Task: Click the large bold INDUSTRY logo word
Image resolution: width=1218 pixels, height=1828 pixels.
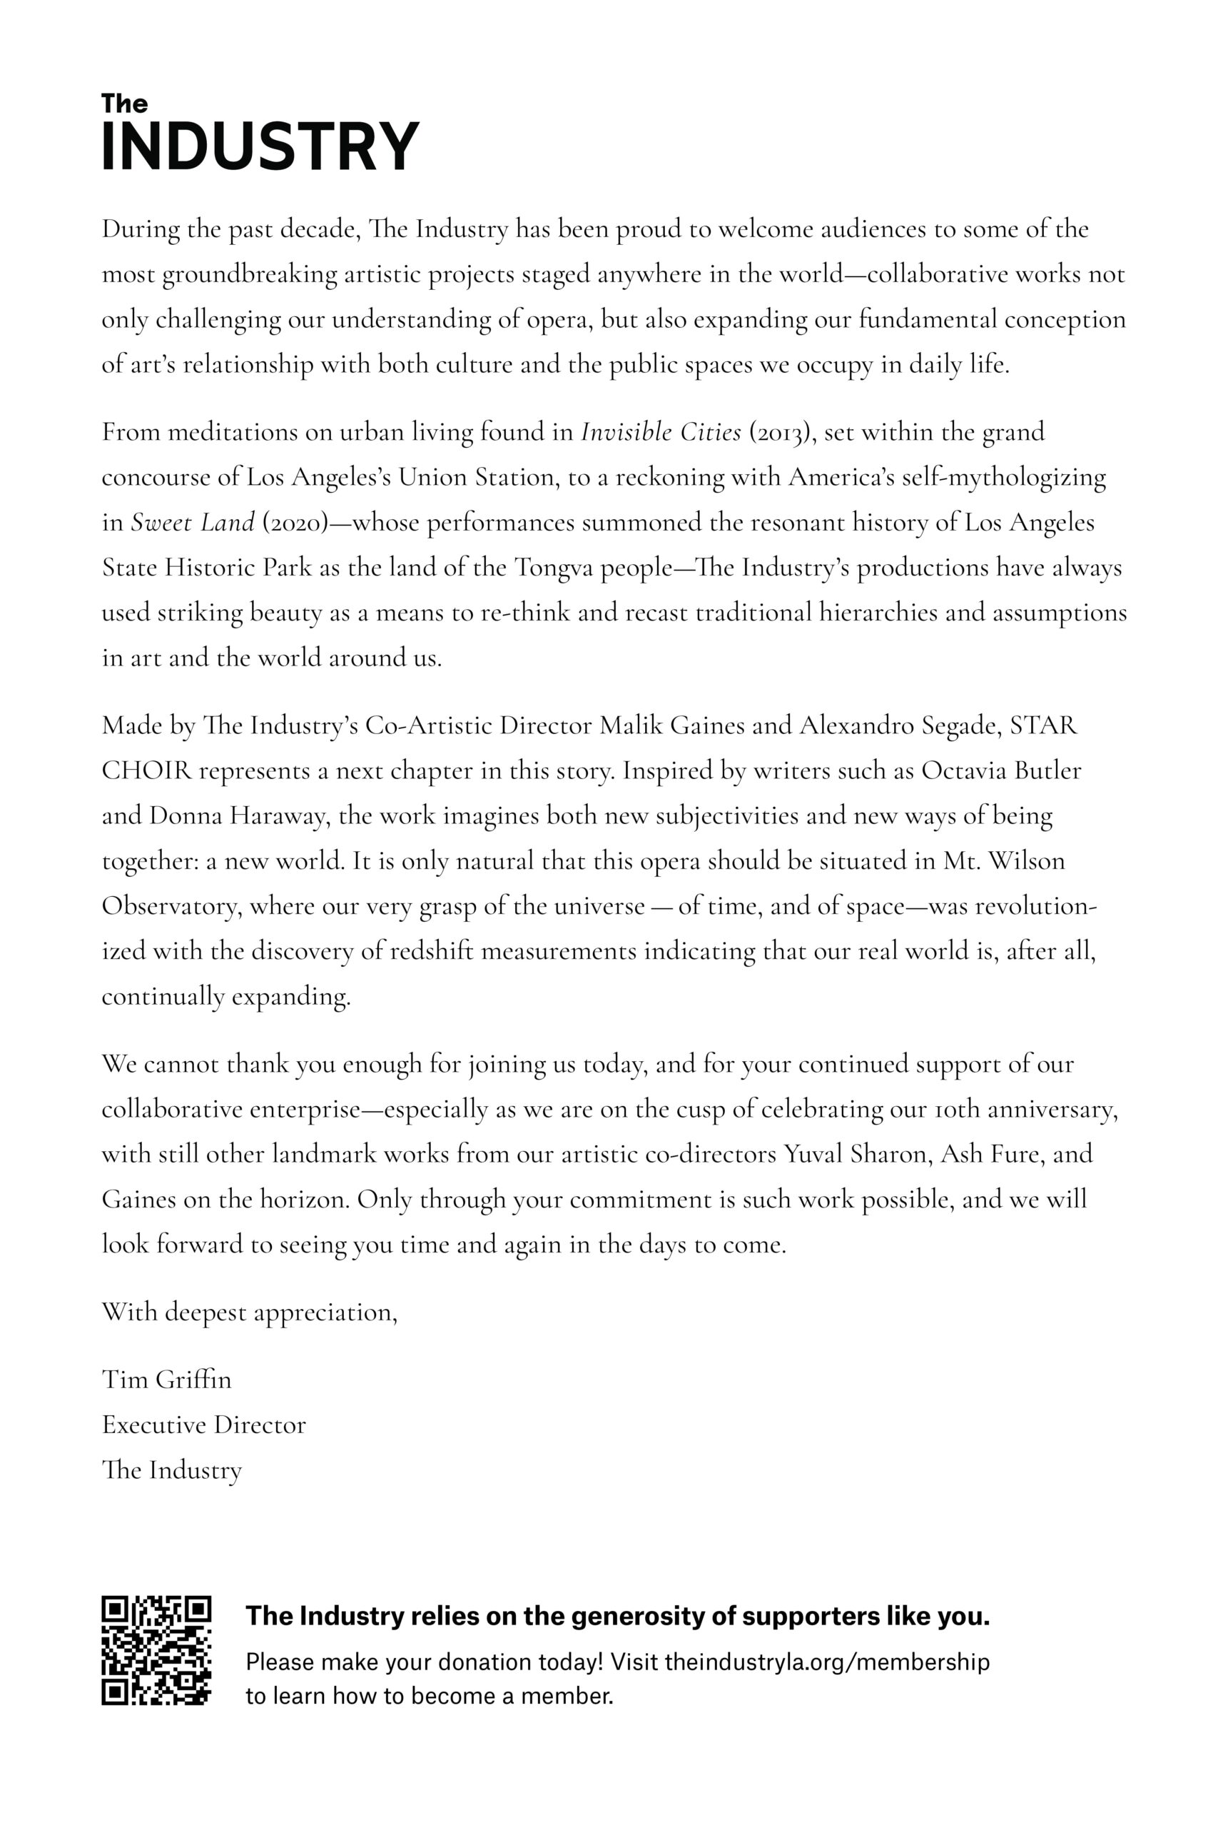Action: point(260,146)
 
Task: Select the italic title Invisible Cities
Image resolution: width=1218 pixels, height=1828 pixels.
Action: point(661,432)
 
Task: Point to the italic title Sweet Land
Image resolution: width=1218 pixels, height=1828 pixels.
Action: point(193,522)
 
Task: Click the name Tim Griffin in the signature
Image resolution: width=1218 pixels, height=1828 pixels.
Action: point(166,1380)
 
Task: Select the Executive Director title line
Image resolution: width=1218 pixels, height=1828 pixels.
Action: point(203,1425)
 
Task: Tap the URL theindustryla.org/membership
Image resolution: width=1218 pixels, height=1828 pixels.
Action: point(827,1662)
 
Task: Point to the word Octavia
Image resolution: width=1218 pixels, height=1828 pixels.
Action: point(961,770)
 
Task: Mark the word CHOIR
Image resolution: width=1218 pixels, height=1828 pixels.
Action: point(146,770)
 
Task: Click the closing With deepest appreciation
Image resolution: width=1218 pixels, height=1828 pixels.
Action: point(249,1312)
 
